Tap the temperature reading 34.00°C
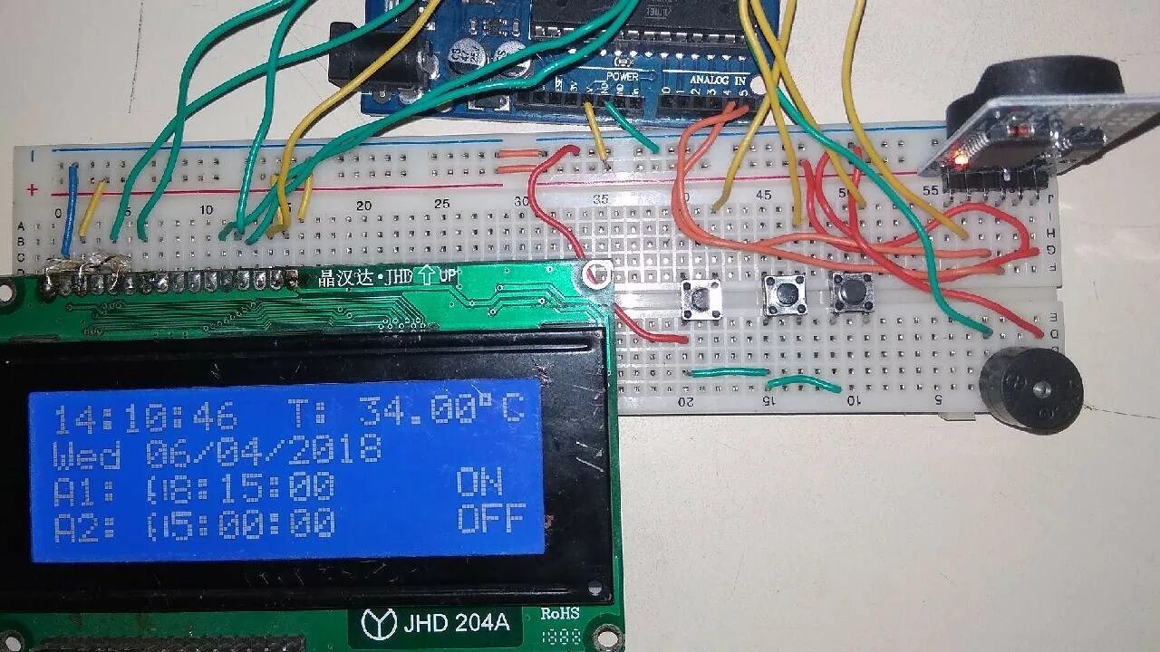tap(441, 412)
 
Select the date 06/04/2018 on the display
tap(263, 450)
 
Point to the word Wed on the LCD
tap(87, 452)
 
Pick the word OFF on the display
tap(490, 520)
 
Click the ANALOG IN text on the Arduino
tap(719, 80)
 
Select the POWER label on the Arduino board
tap(623, 76)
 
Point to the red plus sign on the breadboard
tap(33, 189)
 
